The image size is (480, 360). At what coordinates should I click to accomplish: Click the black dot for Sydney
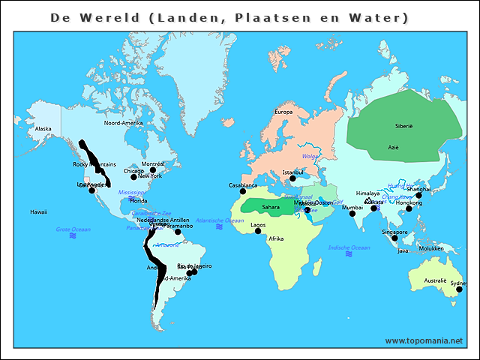[458, 289]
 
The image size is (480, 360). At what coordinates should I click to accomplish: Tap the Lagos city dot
[258, 231]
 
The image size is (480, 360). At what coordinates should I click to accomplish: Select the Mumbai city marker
[352, 214]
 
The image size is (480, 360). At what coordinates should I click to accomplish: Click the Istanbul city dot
[292, 178]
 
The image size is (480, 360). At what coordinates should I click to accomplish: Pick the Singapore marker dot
[394, 238]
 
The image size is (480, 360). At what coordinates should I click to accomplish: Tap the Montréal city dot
[153, 170]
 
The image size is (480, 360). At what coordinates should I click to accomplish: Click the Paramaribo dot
[178, 232]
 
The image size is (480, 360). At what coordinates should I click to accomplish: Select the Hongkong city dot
[409, 208]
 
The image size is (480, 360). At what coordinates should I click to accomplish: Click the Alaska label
[43, 128]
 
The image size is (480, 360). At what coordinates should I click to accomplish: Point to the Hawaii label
[39, 211]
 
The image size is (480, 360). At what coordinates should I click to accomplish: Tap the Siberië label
[403, 126]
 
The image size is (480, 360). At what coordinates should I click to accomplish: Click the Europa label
[283, 112]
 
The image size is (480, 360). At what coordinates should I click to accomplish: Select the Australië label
[435, 280]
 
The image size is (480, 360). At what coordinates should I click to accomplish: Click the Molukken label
[431, 247]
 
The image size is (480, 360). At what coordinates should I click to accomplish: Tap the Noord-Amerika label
[123, 122]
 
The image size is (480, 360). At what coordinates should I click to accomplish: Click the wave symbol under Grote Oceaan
[73, 235]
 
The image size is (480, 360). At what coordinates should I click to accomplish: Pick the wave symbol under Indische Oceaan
[349, 254]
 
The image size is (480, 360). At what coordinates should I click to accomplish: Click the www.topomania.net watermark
[424, 340]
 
